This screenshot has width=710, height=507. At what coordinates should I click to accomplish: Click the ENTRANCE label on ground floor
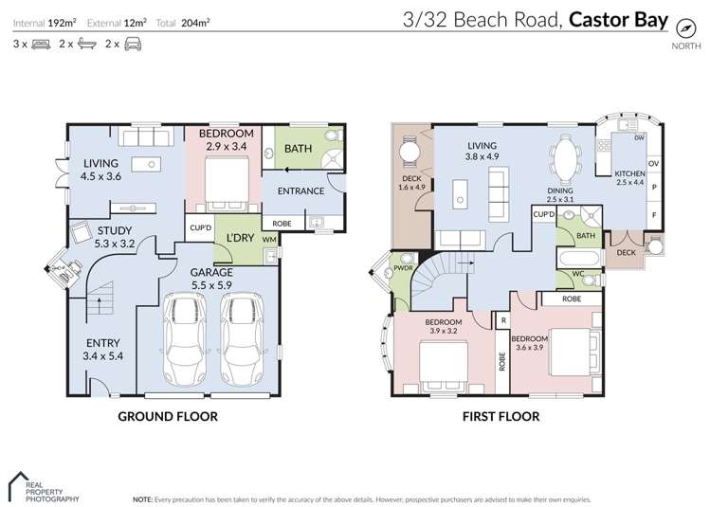[x=300, y=191]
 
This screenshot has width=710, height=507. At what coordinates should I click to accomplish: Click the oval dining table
[x=566, y=160]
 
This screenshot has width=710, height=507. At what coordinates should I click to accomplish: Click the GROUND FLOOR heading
[x=168, y=416]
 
